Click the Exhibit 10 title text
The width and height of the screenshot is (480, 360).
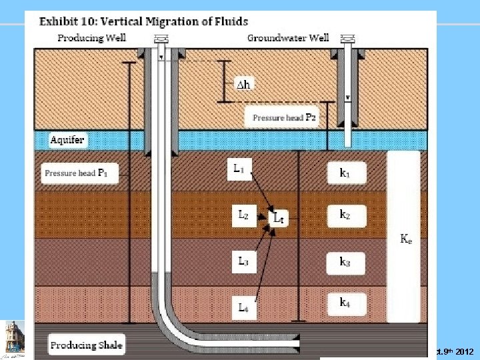coord(143,21)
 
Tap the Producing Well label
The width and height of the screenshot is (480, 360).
coord(91,37)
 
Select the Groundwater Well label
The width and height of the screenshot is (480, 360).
coord(288,37)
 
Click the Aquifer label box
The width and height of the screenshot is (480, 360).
coord(68,140)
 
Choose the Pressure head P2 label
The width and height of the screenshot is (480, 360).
coord(285,117)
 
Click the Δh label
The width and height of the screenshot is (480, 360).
coord(244,84)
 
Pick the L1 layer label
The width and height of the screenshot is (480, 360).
coord(238,171)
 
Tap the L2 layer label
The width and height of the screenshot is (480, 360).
coord(243,215)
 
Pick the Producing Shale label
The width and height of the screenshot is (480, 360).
coord(86,345)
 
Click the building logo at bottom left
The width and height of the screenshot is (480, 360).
coord(14,336)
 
